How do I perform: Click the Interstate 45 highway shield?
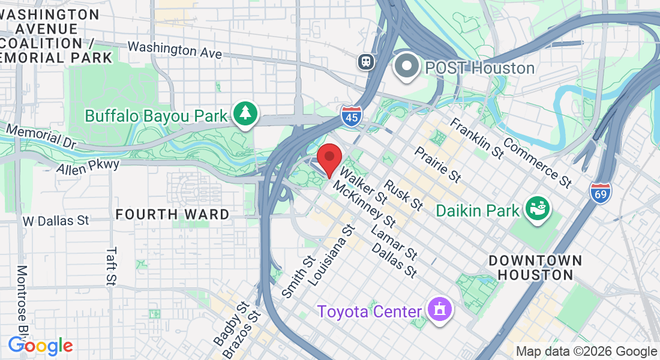tap(351, 116)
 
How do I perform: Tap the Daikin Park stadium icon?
tap(537, 209)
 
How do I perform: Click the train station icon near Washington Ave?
tap(364, 61)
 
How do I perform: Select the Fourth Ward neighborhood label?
tap(172, 214)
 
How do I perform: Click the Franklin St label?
tap(476, 138)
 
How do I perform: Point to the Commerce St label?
tap(537, 162)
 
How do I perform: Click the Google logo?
tap(40, 346)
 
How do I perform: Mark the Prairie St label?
tap(437, 164)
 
